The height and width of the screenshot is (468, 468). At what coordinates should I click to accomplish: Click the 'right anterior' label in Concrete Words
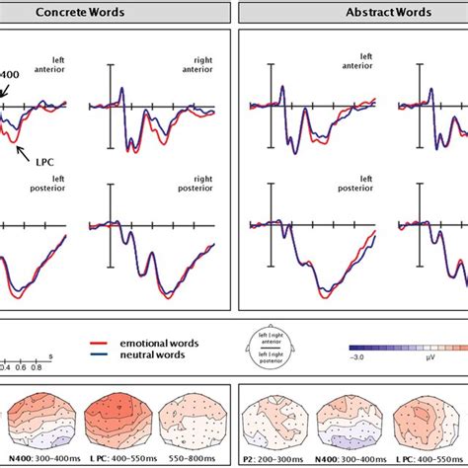203,66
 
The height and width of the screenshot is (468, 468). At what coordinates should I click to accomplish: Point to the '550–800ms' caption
194,459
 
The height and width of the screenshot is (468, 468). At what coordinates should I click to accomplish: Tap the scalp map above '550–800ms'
195,420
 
